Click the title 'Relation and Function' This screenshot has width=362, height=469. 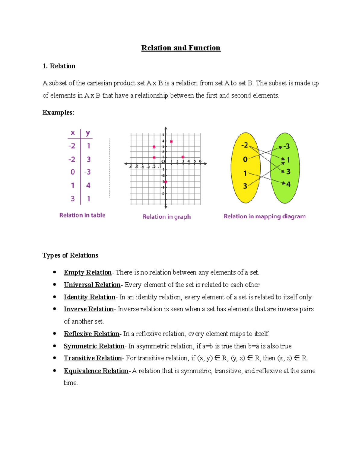(181, 48)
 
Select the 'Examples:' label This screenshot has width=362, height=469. (58, 113)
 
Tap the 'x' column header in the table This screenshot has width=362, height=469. (73, 133)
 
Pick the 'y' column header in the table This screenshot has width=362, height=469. (88, 133)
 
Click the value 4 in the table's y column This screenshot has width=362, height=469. (88, 185)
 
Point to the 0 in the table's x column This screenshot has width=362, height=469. (73, 172)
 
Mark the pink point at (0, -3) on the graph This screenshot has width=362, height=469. (166, 182)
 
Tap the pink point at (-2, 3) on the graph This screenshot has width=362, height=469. (154, 147)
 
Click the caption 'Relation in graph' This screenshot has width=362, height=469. (167, 217)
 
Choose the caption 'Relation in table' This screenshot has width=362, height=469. (82, 215)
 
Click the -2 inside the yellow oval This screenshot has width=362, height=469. (244, 145)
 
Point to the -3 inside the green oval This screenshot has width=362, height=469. (286, 146)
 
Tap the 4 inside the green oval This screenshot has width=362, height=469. (288, 184)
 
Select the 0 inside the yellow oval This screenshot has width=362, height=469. (245, 159)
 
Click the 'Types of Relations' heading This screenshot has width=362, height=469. (70, 255)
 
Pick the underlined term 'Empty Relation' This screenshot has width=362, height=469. (87, 272)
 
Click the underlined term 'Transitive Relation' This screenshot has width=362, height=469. (93, 358)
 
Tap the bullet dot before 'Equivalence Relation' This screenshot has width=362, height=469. (55, 371)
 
